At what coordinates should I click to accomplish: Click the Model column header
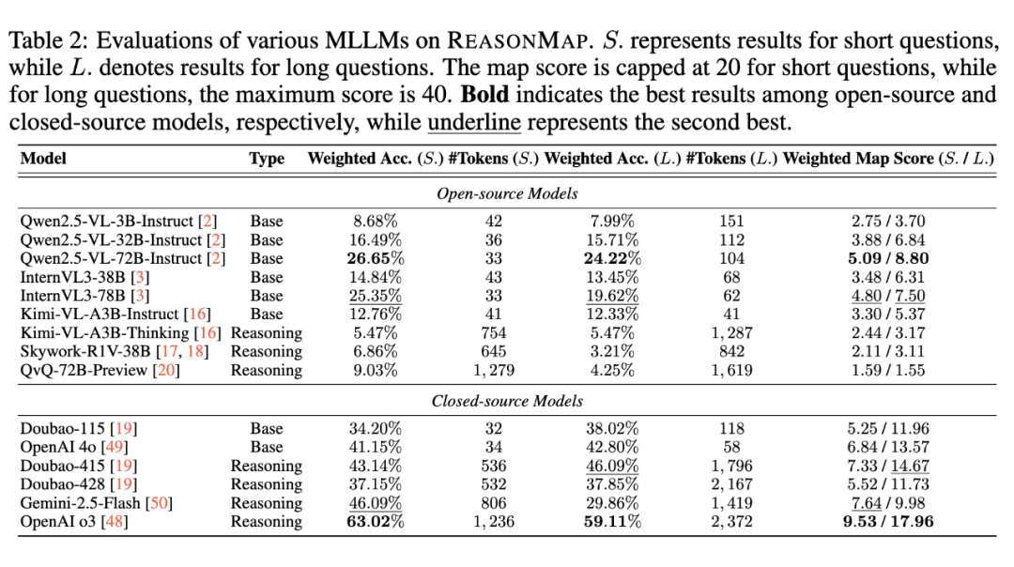click(43, 159)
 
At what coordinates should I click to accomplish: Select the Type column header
click(267, 159)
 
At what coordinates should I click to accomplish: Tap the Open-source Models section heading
click(507, 193)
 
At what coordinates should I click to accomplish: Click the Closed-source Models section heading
click(507, 401)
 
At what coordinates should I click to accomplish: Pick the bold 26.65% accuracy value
click(375, 258)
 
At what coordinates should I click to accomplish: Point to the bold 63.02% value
click(375, 521)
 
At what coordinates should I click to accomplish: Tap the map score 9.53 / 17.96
click(888, 521)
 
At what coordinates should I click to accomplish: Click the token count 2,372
click(731, 521)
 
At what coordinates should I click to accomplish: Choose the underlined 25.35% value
click(375, 296)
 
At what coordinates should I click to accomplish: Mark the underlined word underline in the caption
click(474, 122)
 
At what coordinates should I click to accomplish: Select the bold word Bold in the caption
click(485, 95)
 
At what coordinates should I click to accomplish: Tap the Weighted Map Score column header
click(888, 159)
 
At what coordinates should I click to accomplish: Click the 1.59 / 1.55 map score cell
click(888, 370)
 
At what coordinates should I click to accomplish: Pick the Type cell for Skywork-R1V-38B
click(267, 352)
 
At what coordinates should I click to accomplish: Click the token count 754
click(494, 333)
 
